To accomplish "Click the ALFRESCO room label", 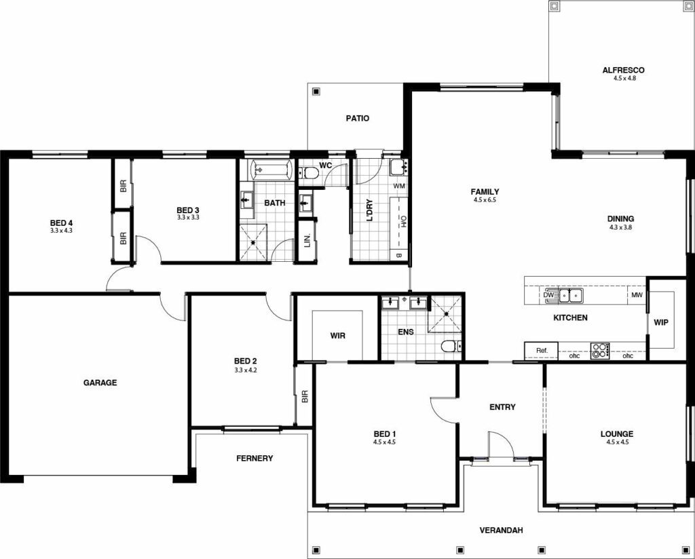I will pos(622,70).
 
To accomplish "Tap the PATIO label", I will pos(357,119).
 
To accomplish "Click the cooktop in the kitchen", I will pos(600,351).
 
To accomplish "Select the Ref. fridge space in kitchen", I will pos(541,351).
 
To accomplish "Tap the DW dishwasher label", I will pos(548,295).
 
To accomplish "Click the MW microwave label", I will pos(637,296).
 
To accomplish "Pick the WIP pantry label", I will pos(661,322).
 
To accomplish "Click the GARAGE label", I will pos(100,383).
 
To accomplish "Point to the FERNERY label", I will pos(255,459).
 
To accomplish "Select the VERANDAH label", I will pos(501,531).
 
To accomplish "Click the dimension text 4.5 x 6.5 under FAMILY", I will pos(486,201).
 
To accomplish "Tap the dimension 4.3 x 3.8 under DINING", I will pos(620,228).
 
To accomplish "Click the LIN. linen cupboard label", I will pos(307,240).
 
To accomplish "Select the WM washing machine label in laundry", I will pos(399,185).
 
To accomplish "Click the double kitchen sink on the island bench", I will pos(570,295).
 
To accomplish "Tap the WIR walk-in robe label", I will pos(338,336).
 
